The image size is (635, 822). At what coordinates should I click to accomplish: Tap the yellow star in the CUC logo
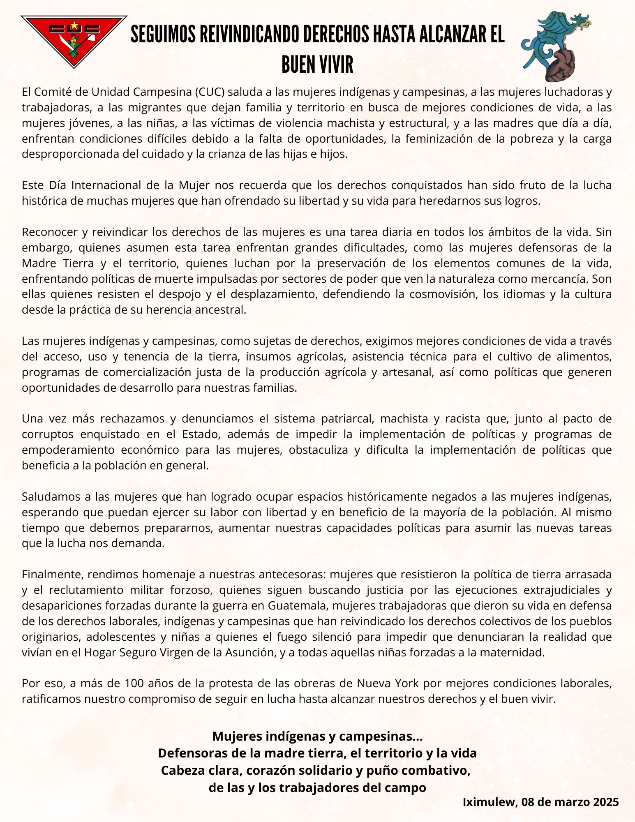pyautogui.click(x=74, y=25)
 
